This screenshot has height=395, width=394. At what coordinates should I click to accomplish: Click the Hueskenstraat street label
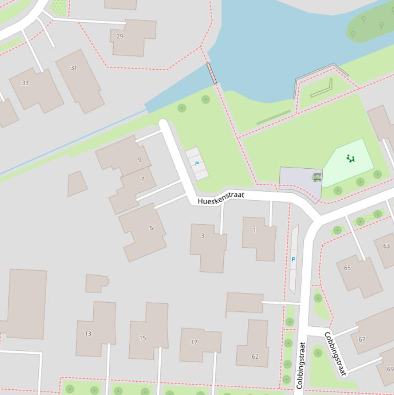pyautogui.click(x=221, y=198)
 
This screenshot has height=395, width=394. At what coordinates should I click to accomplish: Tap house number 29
pyautogui.click(x=120, y=36)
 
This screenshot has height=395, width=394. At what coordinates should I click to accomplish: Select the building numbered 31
pyautogui.click(x=74, y=68)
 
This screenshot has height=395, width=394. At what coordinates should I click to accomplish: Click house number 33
pyautogui.click(x=25, y=83)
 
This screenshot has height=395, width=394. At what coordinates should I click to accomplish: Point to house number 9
pyautogui.click(x=139, y=160)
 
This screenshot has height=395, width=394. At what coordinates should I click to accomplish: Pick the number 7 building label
pyautogui.click(x=142, y=180)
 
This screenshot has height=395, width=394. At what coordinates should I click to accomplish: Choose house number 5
pyautogui.click(x=151, y=228)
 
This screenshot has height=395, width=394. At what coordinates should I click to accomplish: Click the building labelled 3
pyautogui.click(x=203, y=236)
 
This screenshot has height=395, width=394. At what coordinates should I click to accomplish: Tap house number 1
pyautogui.click(x=255, y=230)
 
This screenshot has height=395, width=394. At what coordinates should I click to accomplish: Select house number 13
pyautogui.click(x=88, y=333)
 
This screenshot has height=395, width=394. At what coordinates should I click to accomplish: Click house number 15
pyautogui.click(x=142, y=338)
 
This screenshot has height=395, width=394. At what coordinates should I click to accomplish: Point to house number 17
pyautogui.click(x=194, y=342)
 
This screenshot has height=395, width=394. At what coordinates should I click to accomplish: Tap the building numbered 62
pyautogui.click(x=255, y=356)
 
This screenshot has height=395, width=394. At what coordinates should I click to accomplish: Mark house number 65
pyautogui.click(x=347, y=268)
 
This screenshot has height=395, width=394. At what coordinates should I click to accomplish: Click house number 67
pyautogui.click(x=362, y=339)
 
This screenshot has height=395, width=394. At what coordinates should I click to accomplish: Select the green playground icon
pyautogui.click(x=350, y=159)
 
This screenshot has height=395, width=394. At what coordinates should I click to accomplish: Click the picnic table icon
pyautogui.click(x=317, y=177)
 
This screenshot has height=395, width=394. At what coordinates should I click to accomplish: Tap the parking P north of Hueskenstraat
pyautogui.click(x=197, y=164)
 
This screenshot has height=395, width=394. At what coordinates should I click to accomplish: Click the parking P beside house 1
pyautogui.click(x=294, y=260)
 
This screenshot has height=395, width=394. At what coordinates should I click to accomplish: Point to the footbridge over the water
pyautogui.click(x=212, y=74)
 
